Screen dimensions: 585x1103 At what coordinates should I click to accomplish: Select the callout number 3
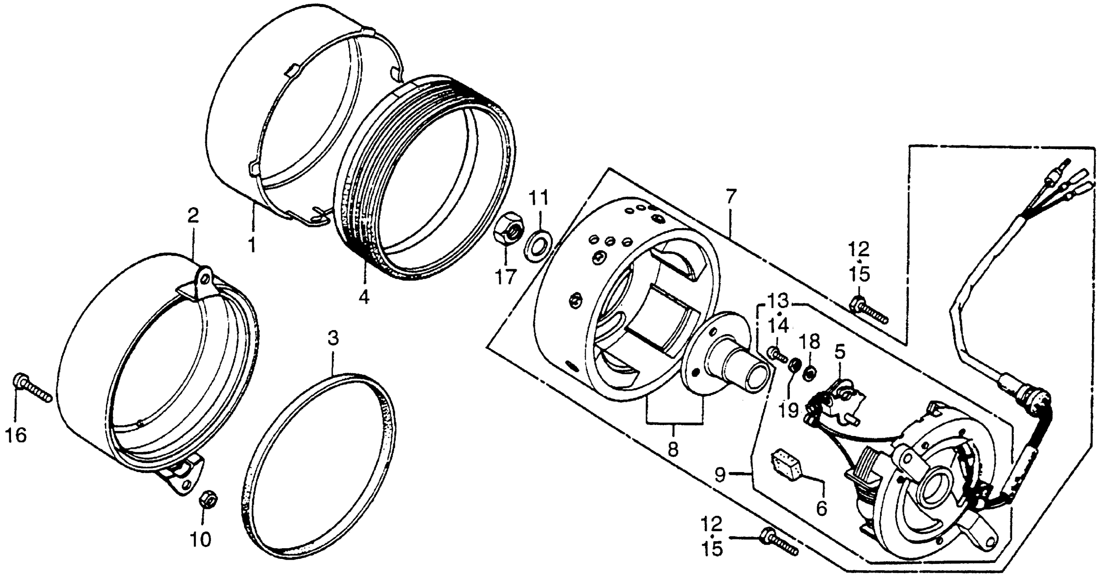(x=333, y=338)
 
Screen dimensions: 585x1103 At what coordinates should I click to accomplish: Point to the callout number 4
(x=364, y=297)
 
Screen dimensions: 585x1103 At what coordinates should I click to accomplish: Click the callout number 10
(x=201, y=540)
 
